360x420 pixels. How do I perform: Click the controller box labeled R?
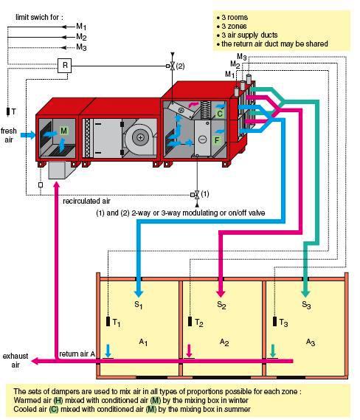pyautogui.click(x=64, y=66)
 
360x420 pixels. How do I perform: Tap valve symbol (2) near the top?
pyautogui.click(x=173, y=66)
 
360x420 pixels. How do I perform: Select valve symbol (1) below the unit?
pyautogui.click(x=197, y=195)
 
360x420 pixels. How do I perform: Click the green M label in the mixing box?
pyautogui.click(x=63, y=131)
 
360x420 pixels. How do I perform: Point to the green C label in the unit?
pyautogui.click(x=220, y=114)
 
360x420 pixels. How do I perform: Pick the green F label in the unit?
pyautogui.click(x=217, y=140)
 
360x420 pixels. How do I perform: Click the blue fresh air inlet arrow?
pyautogui.click(x=28, y=135)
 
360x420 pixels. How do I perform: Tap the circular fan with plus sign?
pyautogui.click(x=140, y=137)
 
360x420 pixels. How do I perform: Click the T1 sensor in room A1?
pyautogui.click(x=108, y=321)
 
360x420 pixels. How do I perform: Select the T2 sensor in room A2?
pyautogui.click(x=190, y=321)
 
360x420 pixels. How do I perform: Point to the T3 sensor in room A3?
pyautogui.click(x=274, y=321)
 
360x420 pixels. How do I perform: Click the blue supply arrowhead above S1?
pyautogui.click(x=139, y=293)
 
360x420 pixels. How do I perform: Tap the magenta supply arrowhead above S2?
pyautogui.click(x=221, y=293)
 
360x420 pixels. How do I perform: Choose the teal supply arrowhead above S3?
pyautogui.click(x=305, y=293)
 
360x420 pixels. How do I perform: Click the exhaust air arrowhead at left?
pyautogui.click(x=35, y=361)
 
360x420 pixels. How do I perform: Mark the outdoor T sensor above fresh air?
pyautogui.click(x=8, y=111)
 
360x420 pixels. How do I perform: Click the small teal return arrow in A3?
pyautogui.click(x=273, y=351)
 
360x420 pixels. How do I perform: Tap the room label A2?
pyautogui.click(x=224, y=342)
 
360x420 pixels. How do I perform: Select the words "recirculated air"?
pyautogui.click(x=86, y=202)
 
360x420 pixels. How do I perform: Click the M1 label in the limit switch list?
pyautogui.click(x=81, y=27)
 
